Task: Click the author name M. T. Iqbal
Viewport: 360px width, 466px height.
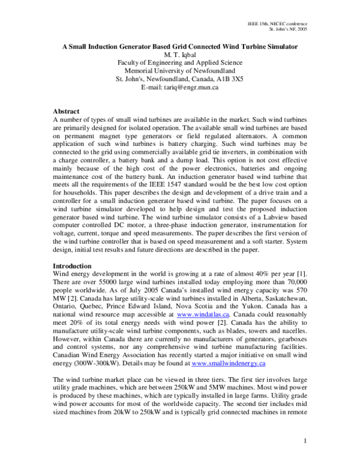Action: (179, 55)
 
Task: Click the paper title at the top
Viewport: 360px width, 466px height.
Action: (179, 46)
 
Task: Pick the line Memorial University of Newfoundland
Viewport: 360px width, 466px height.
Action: (179, 71)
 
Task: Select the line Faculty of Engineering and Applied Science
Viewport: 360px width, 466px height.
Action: (179, 63)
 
